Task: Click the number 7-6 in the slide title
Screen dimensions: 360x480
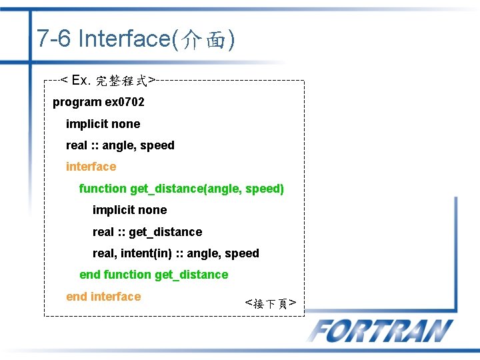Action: (55, 39)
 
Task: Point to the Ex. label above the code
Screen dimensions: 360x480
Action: (80, 81)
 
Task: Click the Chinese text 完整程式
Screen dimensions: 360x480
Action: (122, 81)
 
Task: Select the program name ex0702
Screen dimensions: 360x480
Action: (124, 103)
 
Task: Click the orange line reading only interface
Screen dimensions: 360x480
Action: (91, 167)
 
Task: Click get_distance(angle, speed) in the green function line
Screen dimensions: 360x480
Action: (207, 189)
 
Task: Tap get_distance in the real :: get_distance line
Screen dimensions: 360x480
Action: (165, 232)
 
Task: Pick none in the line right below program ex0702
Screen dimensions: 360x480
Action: (126, 124)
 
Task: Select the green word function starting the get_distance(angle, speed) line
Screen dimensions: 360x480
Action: (103, 189)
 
